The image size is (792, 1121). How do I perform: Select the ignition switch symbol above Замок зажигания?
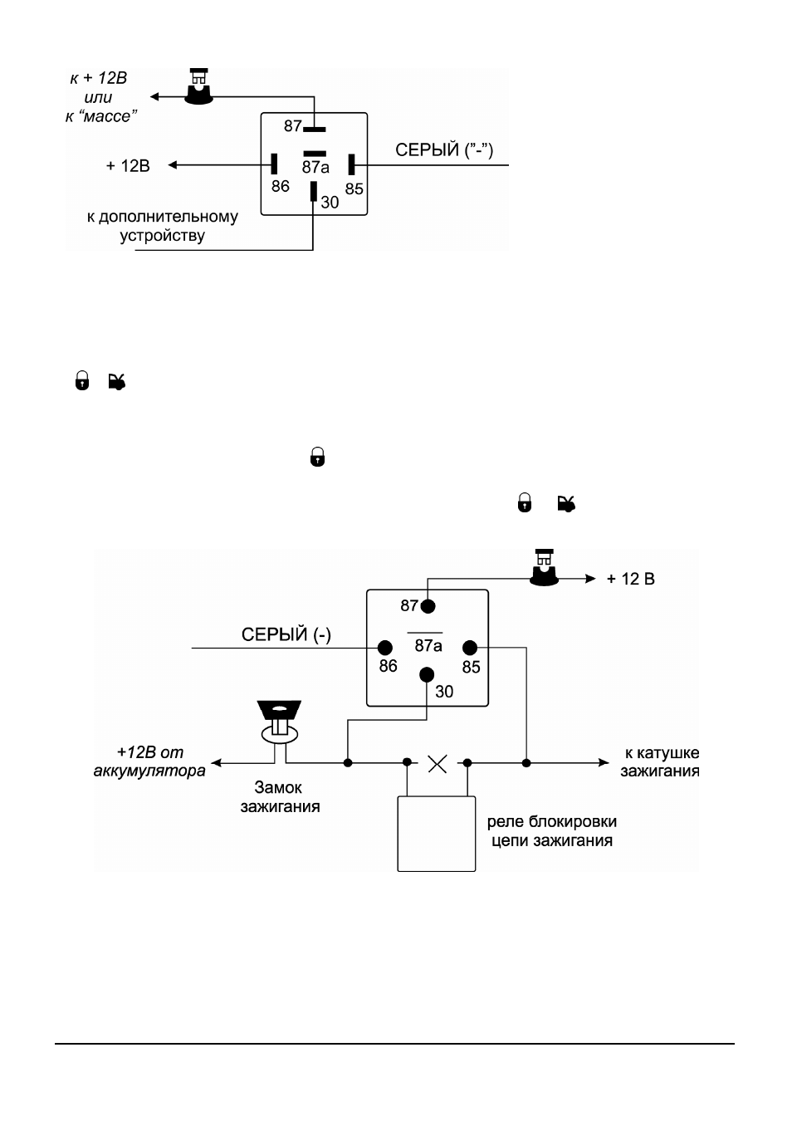pyautogui.click(x=279, y=723)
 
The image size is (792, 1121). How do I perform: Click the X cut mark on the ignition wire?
pyautogui.click(x=438, y=764)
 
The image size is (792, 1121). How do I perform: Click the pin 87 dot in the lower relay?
pyautogui.click(x=428, y=606)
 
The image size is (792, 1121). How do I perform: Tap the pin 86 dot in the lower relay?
pyautogui.click(x=384, y=648)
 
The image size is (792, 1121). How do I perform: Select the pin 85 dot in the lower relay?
pyautogui.click(x=470, y=648)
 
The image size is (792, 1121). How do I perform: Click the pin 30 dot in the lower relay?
pyautogui.click(x=427, y=674)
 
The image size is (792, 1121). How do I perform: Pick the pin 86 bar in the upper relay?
pyautogui.click(x=274, y=164)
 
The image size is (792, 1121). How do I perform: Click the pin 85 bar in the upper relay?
pyautogui.click(x=352, y=164)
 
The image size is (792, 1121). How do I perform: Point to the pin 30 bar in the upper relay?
pyautogui.click(x=313, y=191)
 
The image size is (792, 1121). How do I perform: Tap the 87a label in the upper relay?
pyautogui.click(x=315, y=167)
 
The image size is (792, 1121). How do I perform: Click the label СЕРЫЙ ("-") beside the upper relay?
pyautogui.click(x=444, y=149)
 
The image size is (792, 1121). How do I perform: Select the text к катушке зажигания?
pyautogui.click(x=661, y=761)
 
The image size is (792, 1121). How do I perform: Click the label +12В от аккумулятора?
pyautogui.click(x=149, y=761)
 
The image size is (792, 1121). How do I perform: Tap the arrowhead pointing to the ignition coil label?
pyautogui.click(x=604, y=762)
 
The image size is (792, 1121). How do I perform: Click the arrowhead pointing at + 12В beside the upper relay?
pyautogui.click(x=174, y=164)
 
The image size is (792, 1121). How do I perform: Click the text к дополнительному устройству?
pyautogui.click(x=163, y=226)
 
